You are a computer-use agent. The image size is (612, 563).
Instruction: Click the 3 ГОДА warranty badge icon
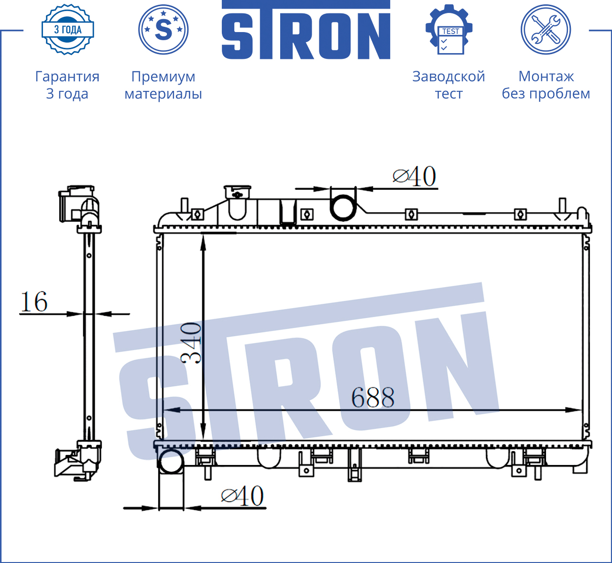[68, 30]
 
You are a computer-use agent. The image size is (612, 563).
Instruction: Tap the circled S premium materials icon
[163, 30]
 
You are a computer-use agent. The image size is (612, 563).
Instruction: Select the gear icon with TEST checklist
[449, 30]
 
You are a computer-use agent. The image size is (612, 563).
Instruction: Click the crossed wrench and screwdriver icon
[546, 30]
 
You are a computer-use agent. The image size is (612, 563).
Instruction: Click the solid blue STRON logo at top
[306, 30]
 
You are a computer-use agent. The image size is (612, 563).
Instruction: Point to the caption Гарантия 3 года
[67, 85]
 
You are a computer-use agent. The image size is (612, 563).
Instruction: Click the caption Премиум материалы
[163, 85]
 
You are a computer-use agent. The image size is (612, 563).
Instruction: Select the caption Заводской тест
[449, 85]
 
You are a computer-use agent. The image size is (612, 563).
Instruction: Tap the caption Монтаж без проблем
[546, 85]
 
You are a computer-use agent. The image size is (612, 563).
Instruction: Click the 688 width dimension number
[373, 397]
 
